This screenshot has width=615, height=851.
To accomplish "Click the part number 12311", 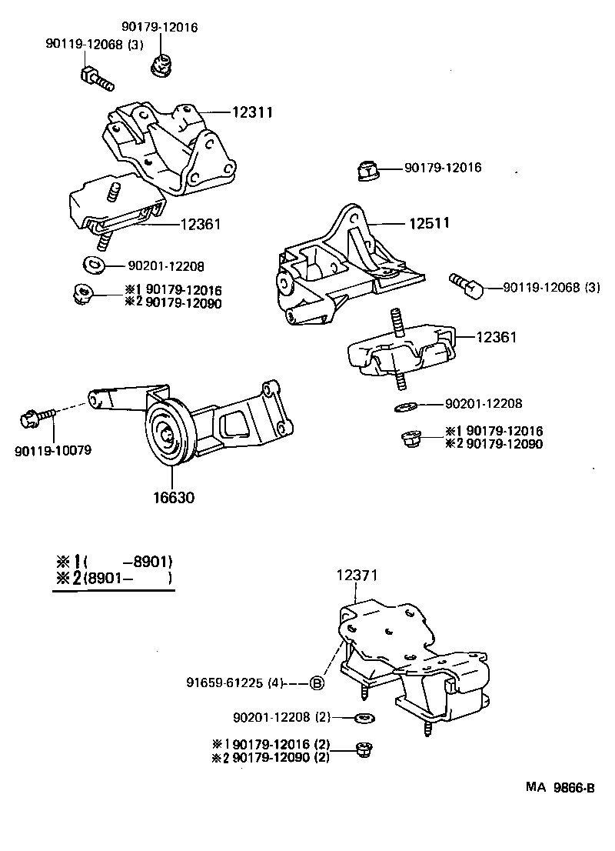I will [x=253, y=112].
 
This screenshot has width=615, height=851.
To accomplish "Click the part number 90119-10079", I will [x=52, y=450].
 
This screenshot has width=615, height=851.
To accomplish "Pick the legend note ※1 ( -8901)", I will [x=113, y=561].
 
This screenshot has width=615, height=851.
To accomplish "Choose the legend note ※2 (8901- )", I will [x=113, y=578].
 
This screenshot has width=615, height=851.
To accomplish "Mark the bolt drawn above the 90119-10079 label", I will [x=37, y=418].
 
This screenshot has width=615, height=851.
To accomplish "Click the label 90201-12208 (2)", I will [x=281, y=717].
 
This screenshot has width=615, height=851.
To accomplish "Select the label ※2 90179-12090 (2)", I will [x=270, y=758].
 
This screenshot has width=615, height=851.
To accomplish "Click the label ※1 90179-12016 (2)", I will [x=270, y=744].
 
